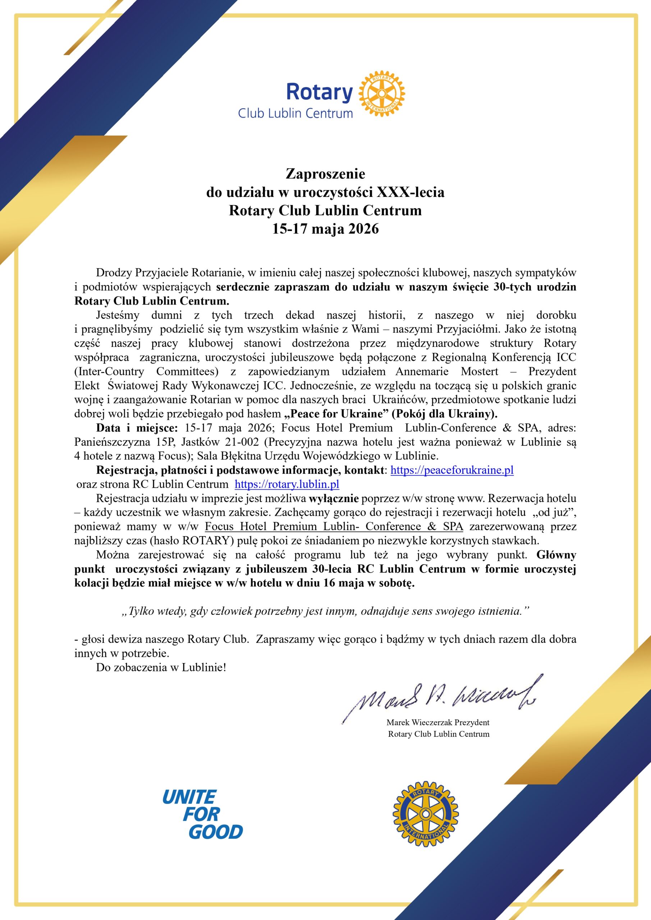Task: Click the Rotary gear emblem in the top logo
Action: (x=381, y=94)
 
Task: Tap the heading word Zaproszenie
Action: (x=325, y=174)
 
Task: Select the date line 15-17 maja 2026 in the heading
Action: (x=325, y=229)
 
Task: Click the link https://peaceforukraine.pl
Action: (x=452, y=470)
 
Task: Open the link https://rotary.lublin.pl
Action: (x=286, y=484)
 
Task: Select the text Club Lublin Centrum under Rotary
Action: (x=295, y=114)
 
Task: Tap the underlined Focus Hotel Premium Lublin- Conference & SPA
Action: (x=334, y=526)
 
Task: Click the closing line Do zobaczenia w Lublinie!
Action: (x=161, y=668)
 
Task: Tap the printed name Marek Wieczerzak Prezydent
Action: (x=438, y=722)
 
